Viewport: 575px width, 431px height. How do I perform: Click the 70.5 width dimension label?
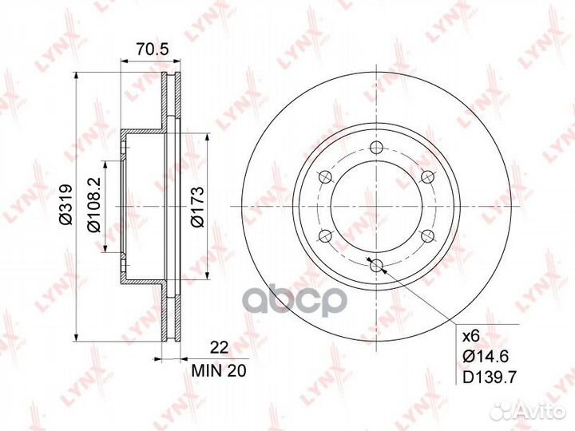[152, 49]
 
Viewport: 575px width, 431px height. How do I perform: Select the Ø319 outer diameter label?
[66, 204]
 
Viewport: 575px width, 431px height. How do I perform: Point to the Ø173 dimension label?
[197, 207]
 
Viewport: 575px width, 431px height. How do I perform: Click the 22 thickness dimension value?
[219, 347]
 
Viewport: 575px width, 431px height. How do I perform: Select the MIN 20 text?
[219, 371]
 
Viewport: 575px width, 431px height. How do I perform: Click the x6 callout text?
[471, 336]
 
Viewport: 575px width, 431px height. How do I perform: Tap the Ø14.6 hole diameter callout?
[486, 356]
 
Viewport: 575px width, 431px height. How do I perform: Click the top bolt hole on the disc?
[376, 148]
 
